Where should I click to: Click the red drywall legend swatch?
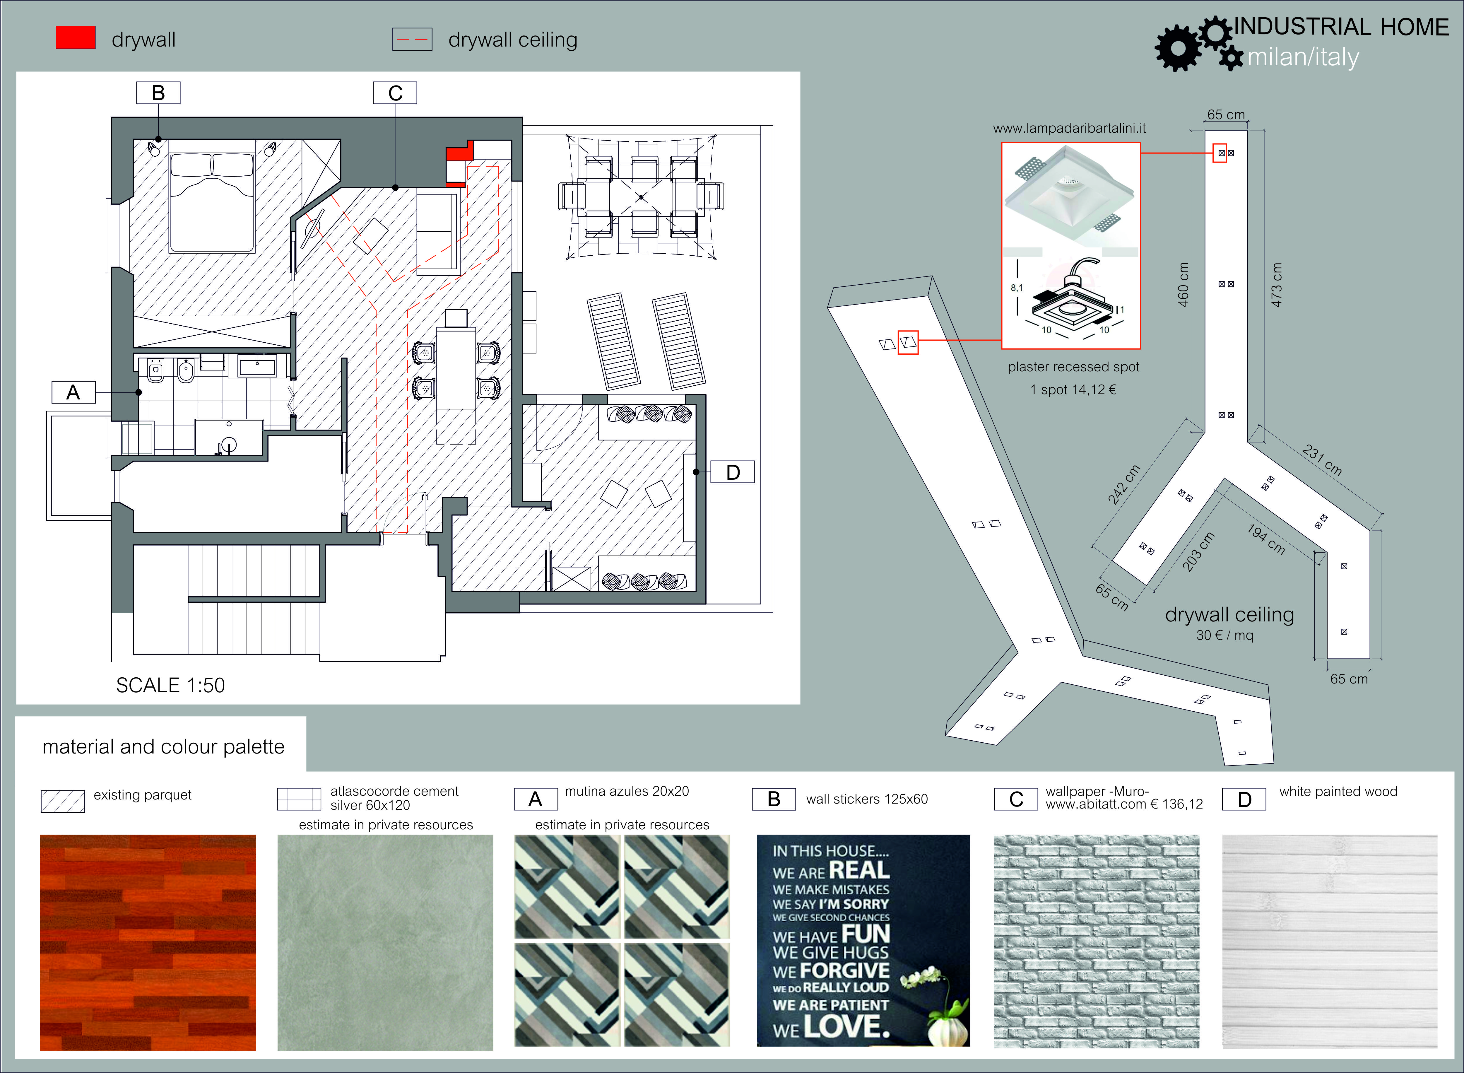click(76, 38)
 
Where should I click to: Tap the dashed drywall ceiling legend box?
click(412, 40)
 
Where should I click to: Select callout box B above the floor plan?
click(158, 93)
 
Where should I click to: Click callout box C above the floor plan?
click(395, 93)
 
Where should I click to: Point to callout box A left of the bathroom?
click(73, 392)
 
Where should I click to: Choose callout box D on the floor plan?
click(732, 472)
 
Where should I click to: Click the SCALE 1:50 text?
click(170, 685)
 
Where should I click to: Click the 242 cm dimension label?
click(1124, 485)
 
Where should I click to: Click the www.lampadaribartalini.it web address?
click(1069, 129)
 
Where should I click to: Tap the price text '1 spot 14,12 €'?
click(1073, 390)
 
